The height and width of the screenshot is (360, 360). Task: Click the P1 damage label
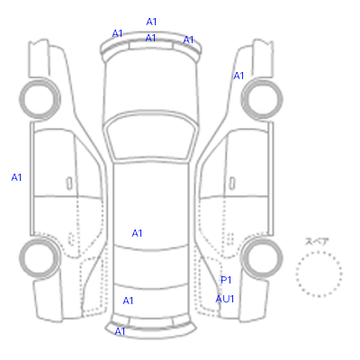[226, 280]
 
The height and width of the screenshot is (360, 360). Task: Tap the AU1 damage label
[225, 299]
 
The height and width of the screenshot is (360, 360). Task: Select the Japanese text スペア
[317, 242]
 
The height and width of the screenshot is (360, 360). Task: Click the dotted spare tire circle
[319, 252]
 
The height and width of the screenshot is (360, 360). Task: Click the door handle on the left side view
[69, 184]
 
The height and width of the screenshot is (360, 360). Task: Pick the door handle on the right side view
[232, 184]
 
